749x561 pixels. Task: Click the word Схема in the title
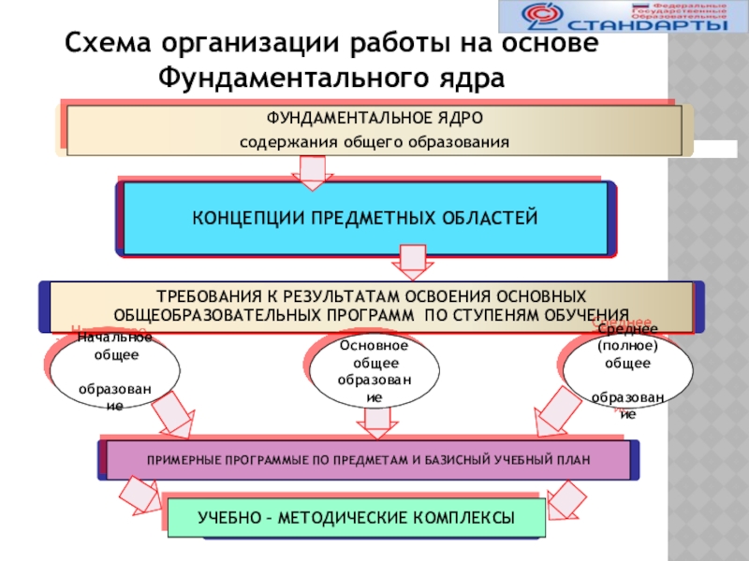tap(107, 44)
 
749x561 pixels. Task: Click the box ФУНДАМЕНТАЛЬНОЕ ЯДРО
tap(374, 130)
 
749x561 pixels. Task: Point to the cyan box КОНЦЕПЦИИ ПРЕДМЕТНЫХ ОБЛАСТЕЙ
tap(365, 218)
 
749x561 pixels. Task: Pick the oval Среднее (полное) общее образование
tap(627, 371)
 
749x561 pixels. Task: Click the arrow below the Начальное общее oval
tap(174, 415)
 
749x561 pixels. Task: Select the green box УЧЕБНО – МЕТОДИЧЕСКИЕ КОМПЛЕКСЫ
tap(356, 517)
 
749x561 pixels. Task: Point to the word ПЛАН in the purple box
tap(575, 460)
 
